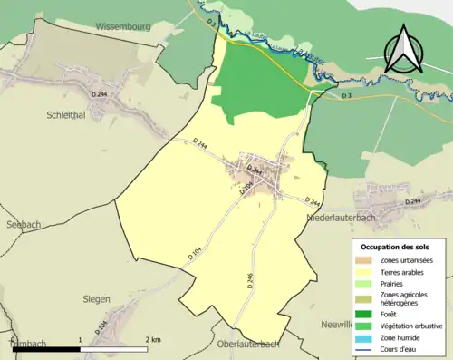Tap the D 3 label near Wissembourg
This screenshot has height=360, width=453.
pos(211,20)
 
